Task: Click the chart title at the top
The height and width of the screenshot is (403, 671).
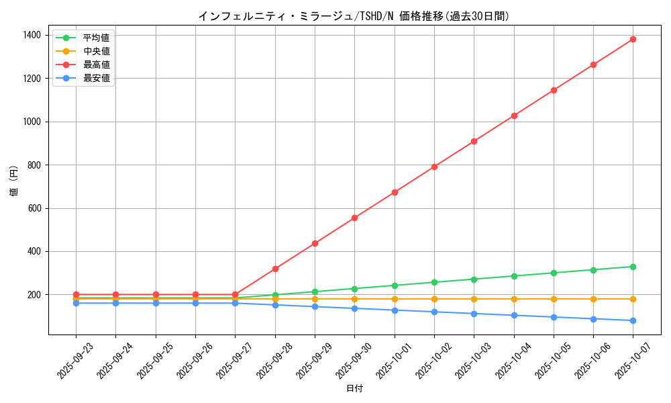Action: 354,16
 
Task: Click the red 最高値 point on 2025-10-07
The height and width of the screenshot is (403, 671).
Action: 633,39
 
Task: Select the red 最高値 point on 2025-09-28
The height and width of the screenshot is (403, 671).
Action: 275,269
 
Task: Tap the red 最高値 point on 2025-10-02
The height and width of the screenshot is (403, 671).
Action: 434,167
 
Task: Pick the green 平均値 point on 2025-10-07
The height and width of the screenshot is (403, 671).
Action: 633,267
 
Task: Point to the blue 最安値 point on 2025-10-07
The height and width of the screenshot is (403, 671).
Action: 633,320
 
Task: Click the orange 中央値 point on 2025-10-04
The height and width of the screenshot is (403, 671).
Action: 514,299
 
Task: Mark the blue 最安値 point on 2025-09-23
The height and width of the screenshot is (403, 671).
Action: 76,303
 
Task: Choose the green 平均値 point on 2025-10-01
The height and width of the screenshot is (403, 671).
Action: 395,285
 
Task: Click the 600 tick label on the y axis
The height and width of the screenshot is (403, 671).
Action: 34,208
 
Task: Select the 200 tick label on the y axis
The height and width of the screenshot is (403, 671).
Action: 34,295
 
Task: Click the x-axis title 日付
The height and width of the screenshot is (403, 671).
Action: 354,389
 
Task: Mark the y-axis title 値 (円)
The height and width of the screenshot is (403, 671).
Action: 14,181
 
